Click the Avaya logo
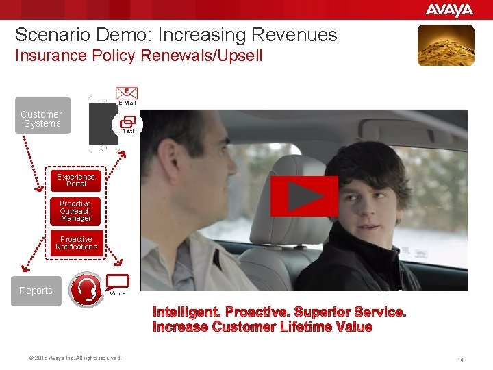point(449,10)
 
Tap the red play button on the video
point(304,196)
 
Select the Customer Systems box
point(42,119)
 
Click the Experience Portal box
point(76,180)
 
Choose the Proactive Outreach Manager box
point(75,211)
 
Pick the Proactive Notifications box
point(76,243)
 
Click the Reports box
point(36,291)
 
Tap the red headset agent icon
point(86,289)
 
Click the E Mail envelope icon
point(127,93)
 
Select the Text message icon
point(127,122)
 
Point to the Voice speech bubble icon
point(118,282)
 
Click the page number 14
point(460,359)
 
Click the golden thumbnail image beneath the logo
point(446,45)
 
